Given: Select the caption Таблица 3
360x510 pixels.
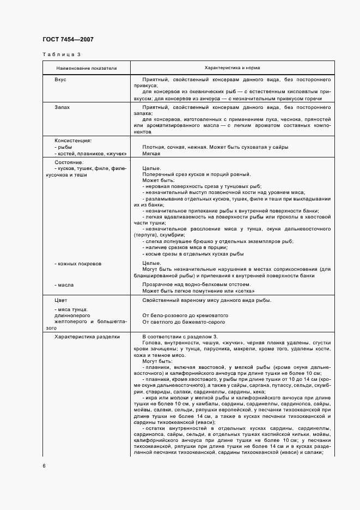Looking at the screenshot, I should [x=61, y=54].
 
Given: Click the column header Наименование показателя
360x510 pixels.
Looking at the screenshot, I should [x=87, y=68].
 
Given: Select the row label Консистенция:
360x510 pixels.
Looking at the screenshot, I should [x=73, y=140].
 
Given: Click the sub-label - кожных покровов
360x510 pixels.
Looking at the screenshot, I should [x=78, y=264].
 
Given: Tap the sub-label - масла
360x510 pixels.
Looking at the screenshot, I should [x=64, y=284].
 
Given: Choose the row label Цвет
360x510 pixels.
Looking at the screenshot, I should [x=61, y=300].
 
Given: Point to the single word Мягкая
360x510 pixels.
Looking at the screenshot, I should [x=152, y=154].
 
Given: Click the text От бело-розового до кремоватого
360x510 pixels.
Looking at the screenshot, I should [x=185, y=315].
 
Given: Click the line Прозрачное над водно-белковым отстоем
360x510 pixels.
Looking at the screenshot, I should [x=196, y=284].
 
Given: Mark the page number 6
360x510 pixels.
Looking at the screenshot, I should [x=44, y=466].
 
